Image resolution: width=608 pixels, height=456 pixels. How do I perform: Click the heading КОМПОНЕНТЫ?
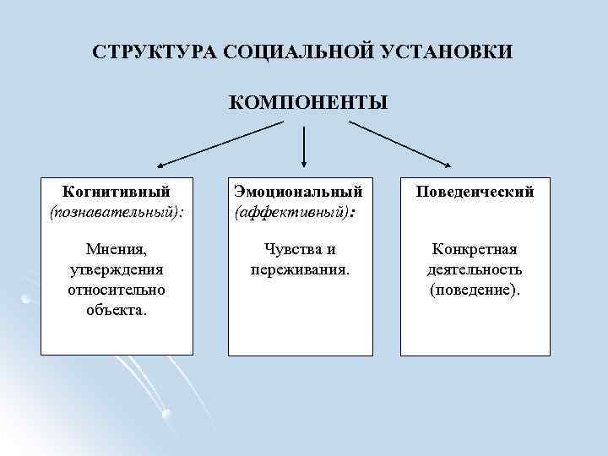click(x=308, y=103)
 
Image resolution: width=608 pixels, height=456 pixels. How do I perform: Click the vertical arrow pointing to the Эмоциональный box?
click(x=304, y=145)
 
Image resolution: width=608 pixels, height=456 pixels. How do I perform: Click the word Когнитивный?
click(x=117, y=192)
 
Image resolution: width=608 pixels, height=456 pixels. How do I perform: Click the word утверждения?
click(x=117, y=269)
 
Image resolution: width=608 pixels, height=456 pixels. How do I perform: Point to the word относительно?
click(x=117, y=290)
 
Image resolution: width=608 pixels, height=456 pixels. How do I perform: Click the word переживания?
click(x=300, y=269)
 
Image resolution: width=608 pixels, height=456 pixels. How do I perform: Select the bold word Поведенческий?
click(x=475, y=192)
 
